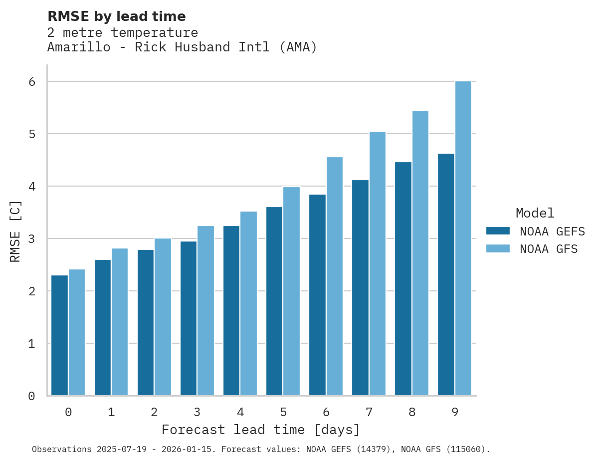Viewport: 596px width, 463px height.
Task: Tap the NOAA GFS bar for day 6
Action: coord(335,276)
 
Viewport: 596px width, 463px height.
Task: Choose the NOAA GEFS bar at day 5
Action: coord(274,301)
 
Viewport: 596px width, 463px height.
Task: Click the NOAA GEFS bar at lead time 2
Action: coord(146,323)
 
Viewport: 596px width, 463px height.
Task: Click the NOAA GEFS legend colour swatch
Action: coord(498,231)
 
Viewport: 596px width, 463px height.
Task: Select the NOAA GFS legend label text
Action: coord(549,249)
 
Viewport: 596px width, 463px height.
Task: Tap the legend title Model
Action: coord(535,214)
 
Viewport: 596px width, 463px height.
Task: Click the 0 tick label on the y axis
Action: coord(31,396)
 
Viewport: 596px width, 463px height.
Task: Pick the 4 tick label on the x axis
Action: coord(240,413)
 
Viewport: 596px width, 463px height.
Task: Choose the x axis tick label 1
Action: coord(111,413)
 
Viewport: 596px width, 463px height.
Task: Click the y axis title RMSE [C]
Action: coord(16,231)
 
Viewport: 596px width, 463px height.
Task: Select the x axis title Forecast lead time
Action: coord(260,430)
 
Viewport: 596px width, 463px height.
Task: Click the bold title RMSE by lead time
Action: coord(116,16)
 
